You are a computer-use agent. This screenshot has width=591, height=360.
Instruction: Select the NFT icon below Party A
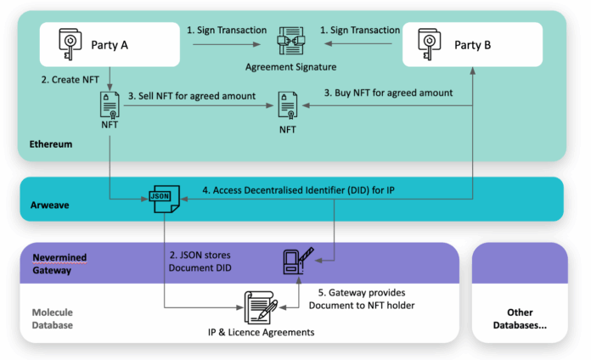tap(110, 106)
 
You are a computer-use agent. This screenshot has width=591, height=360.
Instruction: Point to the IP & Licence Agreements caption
tap(260, 331)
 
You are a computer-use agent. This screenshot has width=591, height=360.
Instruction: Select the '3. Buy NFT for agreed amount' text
tap(389, 93)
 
